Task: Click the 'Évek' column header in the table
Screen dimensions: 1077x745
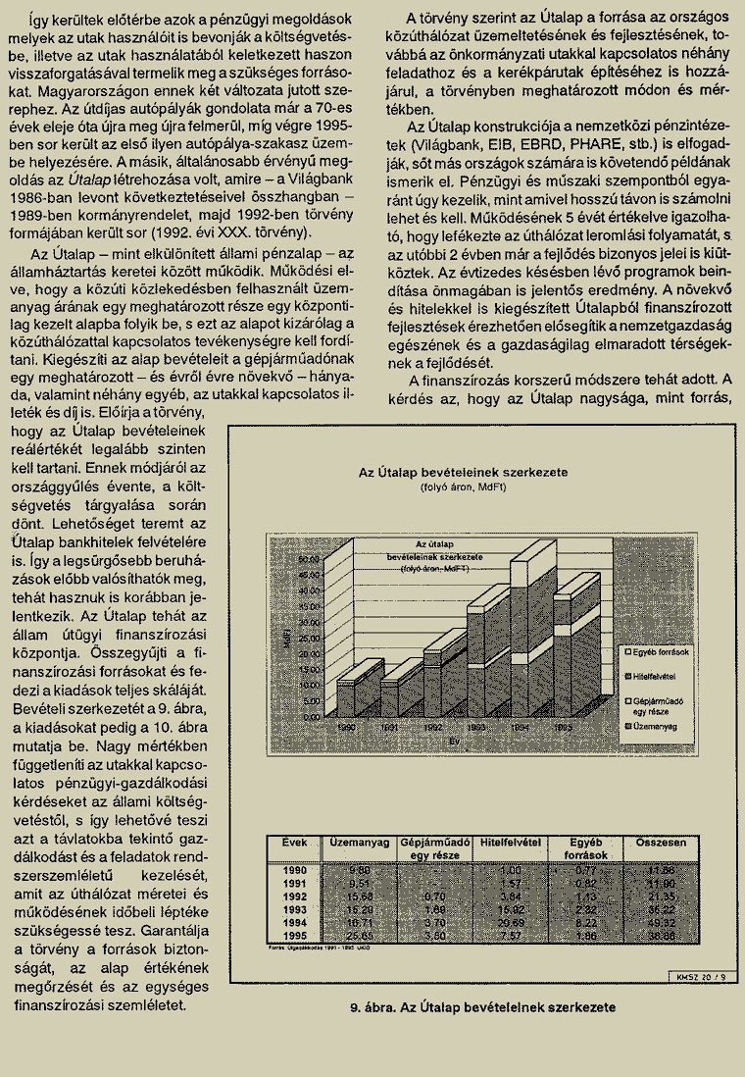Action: (295, 843)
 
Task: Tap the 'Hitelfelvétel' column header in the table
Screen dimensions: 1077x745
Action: (510, 843)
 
